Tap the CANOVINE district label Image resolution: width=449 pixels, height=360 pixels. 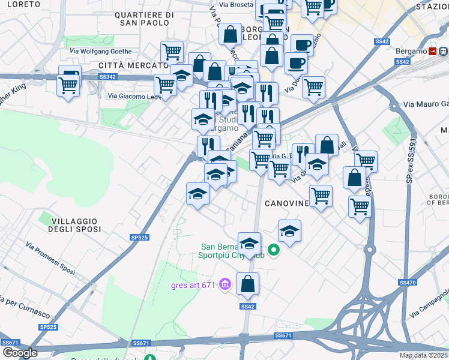[283, 203]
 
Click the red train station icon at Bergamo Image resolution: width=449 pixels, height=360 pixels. [432, 52]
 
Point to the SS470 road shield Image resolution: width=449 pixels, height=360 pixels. [407, 282]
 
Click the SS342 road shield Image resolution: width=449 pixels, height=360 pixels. [107, 77]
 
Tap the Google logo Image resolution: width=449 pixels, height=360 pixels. [19, 352]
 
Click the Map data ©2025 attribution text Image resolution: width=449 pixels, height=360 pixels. [423, 355]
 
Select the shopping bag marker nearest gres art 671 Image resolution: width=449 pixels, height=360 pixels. [247, 284]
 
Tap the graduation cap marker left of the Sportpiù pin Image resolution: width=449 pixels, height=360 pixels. [249, 244]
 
